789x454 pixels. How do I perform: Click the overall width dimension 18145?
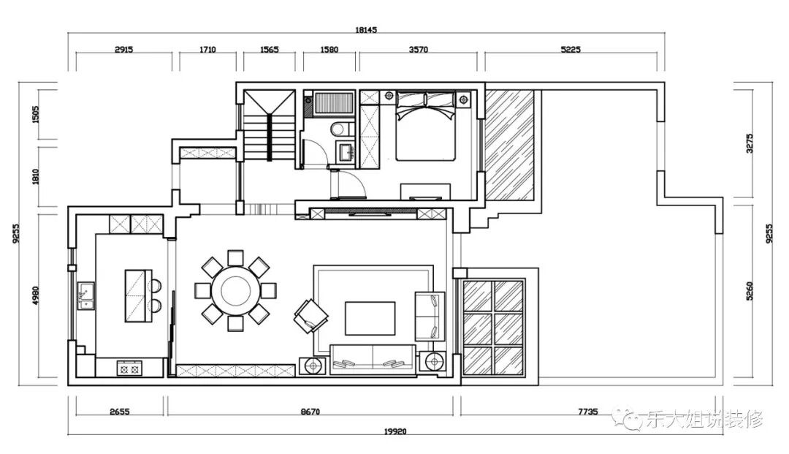pos(366,30)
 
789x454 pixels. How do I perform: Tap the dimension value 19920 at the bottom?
pos(395,431)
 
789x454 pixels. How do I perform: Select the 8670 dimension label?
pos(310,412)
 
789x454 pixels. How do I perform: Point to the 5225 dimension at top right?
pos(571,49)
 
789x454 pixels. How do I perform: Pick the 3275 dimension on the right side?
pos(750,143)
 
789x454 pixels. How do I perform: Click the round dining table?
pos(235,290)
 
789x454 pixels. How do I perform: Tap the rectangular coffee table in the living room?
pos(370,318)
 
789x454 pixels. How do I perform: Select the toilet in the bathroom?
pos(340,129)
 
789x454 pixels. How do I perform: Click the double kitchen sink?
pos(86,295)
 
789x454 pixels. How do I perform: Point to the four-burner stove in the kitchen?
pos(129,369)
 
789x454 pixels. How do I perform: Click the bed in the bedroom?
pos(426,125)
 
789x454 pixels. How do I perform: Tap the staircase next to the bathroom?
pos(269,125)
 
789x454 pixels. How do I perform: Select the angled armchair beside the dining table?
pos(311,316)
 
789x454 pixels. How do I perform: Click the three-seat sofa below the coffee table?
pos(373,360)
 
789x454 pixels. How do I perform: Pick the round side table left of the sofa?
pos(313,366)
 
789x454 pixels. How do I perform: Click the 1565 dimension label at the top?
pos(269,49)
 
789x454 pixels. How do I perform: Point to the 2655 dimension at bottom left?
pos(119,412)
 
